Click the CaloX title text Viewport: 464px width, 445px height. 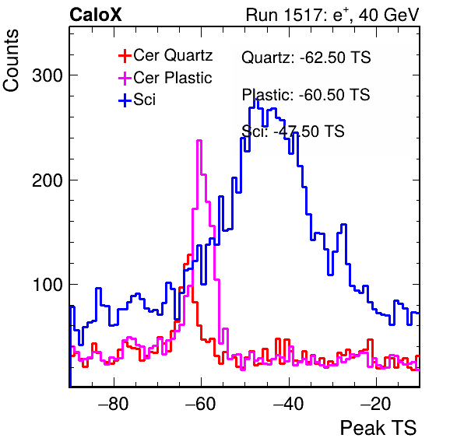pyautogui.click(x=96, y=15)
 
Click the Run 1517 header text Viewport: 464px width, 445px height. pyautogui.click(x=332, y=15)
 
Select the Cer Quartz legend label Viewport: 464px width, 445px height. pyautogui.click(x=173, y=55)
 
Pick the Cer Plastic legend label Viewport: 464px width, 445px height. pyautogui.click(x=173, y=78)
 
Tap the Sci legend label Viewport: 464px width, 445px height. pyautogui.click(x=144, y=100)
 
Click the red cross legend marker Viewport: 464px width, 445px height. pyautogui.click(x=125, y=55)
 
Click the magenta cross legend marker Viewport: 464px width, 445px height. pyautogui.click(x=125, y=78)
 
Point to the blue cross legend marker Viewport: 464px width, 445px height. pyautogui.click(x=125, y=100)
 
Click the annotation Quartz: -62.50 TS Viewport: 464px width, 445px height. pyautogui.click(x=306, y=57)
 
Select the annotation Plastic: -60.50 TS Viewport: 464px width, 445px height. pyautogui.click(x=306, y=95)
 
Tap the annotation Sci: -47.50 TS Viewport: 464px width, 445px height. pyautogui.click(x=293, y=131)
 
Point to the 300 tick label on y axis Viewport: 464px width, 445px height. pyautogui.click(x=47, y=75)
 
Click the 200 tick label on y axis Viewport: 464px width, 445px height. pyautogui.click(x=47, y=180)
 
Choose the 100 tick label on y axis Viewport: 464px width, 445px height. pyautogui.click(x=47, y=285)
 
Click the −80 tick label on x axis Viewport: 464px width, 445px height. pyautogui.click(x=114, y=404)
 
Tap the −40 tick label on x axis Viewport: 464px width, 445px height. pyautogui.click(x=289, y=404)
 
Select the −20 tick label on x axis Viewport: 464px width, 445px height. pyautogui.click(x=376, y=404)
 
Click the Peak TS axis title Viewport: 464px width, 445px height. pyautogui.click(x=378, y=428)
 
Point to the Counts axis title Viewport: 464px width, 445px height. pyautogui.click(x=11, y=61)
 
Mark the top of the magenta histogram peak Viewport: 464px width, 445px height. pyautogui.click(x=199, y=141)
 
